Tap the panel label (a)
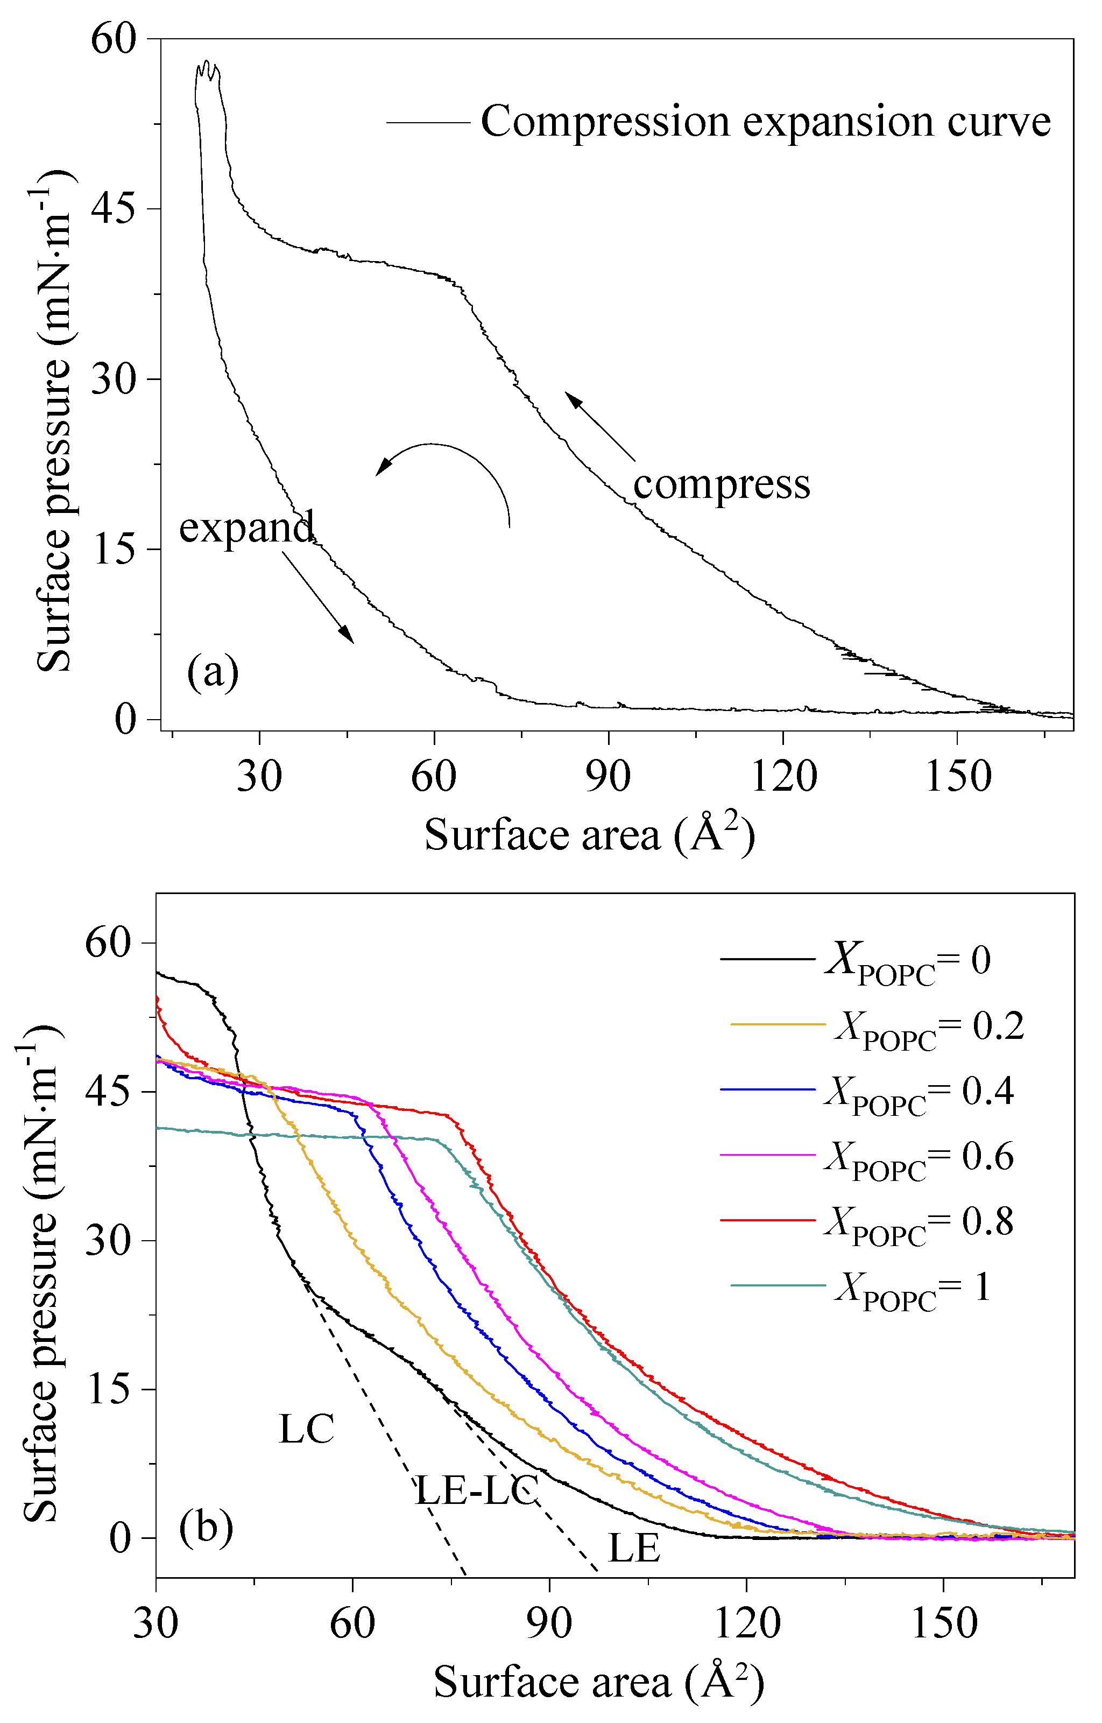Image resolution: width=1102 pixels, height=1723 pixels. point(213,672)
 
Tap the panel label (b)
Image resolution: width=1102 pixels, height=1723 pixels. point(206,1528)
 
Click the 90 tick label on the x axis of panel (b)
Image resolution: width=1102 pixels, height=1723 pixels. point(549,1622)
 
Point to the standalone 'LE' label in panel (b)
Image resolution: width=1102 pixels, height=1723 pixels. point(633,1549)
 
